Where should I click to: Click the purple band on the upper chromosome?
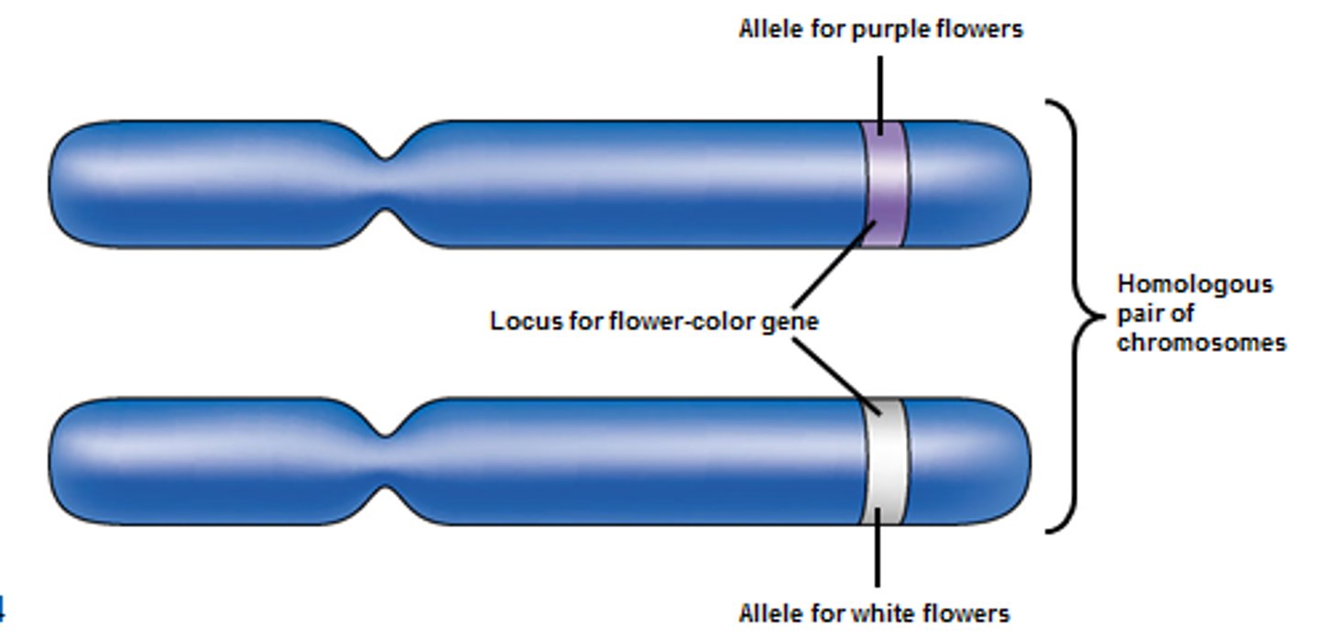pyautogui.click(x=886, y=183)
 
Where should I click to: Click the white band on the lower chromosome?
pyautogui.click(x=886, y=461)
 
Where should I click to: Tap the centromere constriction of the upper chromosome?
pyautogui.click(x=387, y=184)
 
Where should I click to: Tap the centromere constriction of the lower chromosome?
pyautogui.click(x=387, y=461)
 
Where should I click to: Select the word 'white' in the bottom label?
pyautogui.click(x=882, y=613)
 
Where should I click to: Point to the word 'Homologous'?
pyautogui.click(x=1194, y=284)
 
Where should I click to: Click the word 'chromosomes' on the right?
pyautogui.click(x=1201, y=343)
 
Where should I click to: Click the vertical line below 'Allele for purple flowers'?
pyautogui.click(x=880, y=92)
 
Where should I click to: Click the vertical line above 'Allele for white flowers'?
pyautogui.click(x=878, y=550)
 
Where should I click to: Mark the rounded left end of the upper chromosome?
pyautogui.click(x=69, y=184)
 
